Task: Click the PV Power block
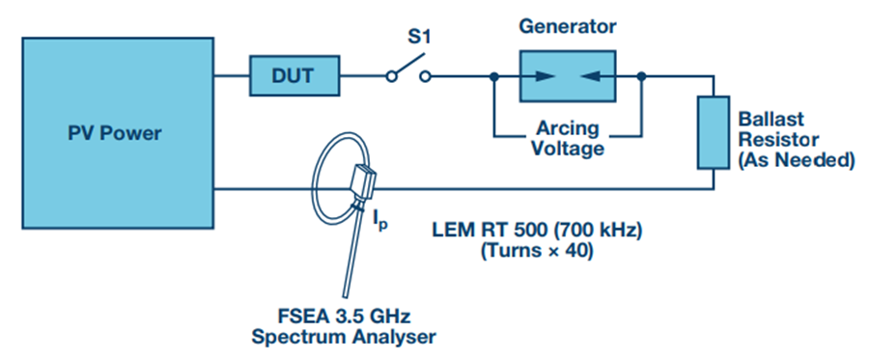[118, 133]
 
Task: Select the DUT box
[294, 75]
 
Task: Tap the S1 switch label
[419, 39]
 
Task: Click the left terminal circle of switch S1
[391, 76]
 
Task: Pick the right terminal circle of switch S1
[425, 76]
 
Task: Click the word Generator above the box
[568, 26]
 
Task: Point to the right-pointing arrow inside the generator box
[538, 76]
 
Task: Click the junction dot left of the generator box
[493, 76]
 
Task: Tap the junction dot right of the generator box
[642, 76]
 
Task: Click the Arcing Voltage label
[568, 138]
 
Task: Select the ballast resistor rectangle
[713, 132]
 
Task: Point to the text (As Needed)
[797, 160]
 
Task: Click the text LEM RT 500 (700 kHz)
[537, 230]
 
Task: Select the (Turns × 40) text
[537, 252]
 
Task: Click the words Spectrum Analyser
[344, 336]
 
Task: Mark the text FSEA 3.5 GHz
[344, 317]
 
